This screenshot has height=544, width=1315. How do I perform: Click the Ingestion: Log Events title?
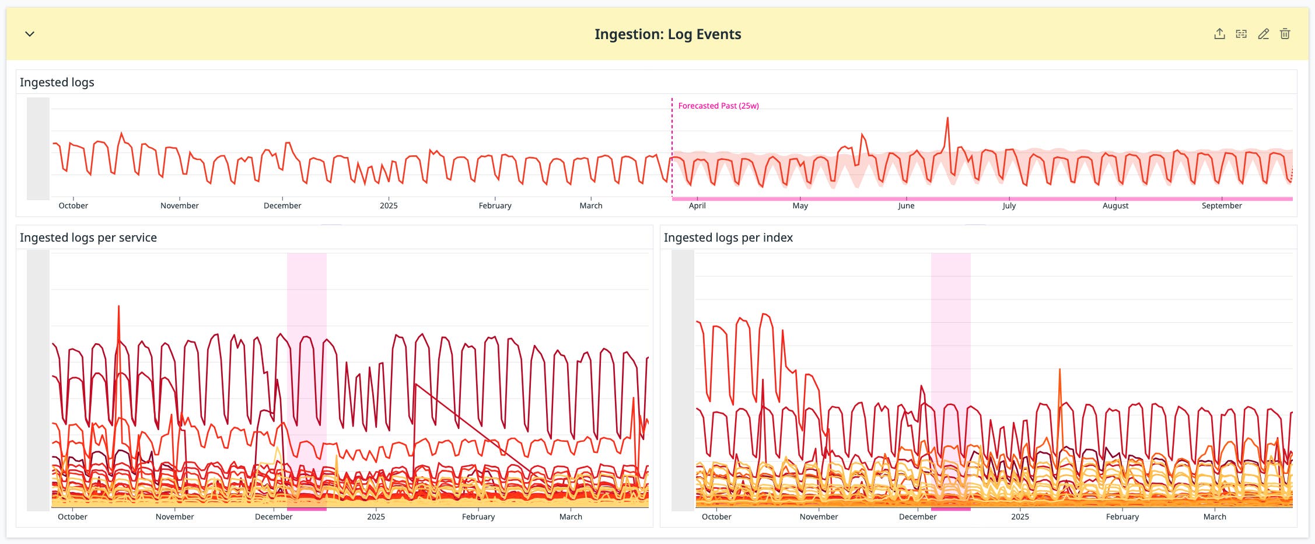click(x=667, y=34)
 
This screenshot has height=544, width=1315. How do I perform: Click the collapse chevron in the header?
click(x=30, y=34)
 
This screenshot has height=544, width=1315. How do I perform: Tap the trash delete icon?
click(x=1285, y=34)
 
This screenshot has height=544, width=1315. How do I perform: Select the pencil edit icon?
click(x=1263, y=34)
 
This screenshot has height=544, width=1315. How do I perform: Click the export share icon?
click(x=1219, y=34)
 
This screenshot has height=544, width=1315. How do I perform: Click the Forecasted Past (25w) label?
click(x=718, y=106)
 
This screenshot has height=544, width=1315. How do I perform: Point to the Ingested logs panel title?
click(x=57, y=82)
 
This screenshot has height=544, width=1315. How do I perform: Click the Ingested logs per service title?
click(x=88, y=238)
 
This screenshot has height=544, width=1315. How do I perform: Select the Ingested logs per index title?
click(x=728, y=238)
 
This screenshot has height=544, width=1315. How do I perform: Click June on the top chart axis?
click(x=906, y=205)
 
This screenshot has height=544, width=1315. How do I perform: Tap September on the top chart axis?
click(x=1222, y=205)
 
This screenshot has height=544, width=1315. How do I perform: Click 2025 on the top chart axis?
click(x=389, y=205)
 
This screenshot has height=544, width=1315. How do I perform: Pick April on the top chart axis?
click(x=697, y=205)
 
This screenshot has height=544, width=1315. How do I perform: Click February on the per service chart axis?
click(x=478, y=517)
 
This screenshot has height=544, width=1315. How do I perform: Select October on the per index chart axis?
click(x=716, y=517)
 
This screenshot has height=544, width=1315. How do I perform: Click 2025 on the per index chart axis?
click(x=1020, y=517)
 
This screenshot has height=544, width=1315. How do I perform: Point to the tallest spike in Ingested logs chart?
click(x=947, y=119)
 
